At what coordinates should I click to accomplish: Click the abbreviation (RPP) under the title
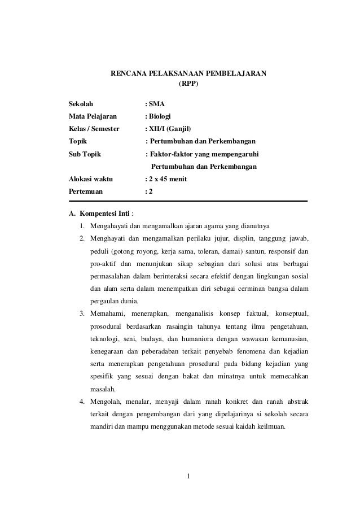[x=188, y=84]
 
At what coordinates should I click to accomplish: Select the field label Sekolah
[x=81, y=104]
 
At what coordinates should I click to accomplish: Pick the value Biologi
[x=161, y=116]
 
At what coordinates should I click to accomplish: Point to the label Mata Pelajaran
[x=93, y=116]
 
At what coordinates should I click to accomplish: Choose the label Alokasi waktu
[x=90, y=180]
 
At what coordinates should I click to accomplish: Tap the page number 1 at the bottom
[x=188, y=482]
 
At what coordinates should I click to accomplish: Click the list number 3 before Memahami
[x=82, y=313]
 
